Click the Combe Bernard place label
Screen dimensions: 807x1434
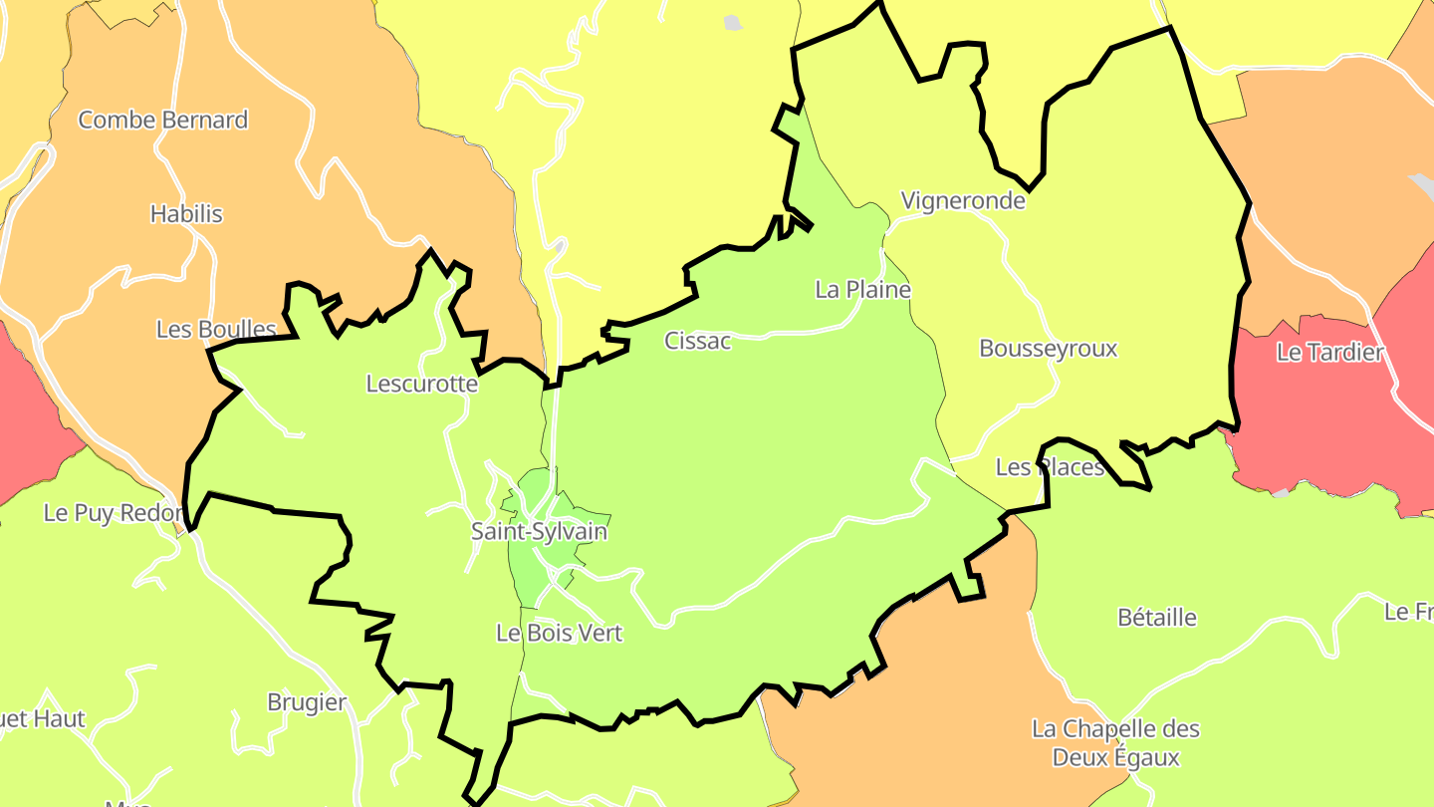(x=163, y=121)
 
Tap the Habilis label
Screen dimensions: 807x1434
(x=186, y=214)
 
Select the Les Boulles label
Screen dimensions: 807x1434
(x=216, y=329)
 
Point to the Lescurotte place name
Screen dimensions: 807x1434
(x=422, y=384)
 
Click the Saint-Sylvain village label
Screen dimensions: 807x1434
(x=539, y=531)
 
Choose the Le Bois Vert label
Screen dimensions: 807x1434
(x=559, y=633)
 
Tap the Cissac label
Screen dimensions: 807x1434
(x=698, y=341)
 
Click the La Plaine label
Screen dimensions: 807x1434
(x=862, y=290)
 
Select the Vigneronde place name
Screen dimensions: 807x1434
(x=963, y=200)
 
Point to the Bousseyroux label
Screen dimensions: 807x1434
(x=1049, y=349)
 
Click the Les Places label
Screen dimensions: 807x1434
(x=1051, y=467)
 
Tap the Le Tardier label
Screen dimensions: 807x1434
(x=1330, y=353)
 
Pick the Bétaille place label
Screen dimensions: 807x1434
(x=1157, y=618)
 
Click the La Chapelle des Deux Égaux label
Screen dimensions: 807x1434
(x=1115, y=743)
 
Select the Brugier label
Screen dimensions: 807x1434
(x=307, y=702)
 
